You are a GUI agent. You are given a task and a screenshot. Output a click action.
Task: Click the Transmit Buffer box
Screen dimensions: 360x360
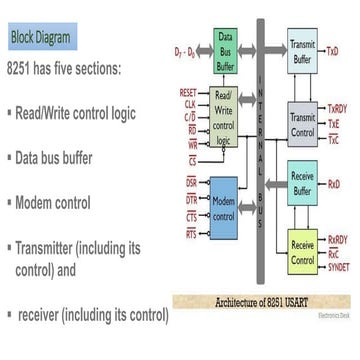(303, 52)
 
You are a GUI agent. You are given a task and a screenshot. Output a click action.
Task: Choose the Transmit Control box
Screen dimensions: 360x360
(303, 123)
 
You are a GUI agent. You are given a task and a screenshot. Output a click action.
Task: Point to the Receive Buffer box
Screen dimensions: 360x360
(303, 183)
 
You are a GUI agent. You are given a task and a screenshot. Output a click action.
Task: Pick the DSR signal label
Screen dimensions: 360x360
(191, 183)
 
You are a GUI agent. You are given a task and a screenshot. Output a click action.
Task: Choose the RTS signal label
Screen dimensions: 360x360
(191, 232)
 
